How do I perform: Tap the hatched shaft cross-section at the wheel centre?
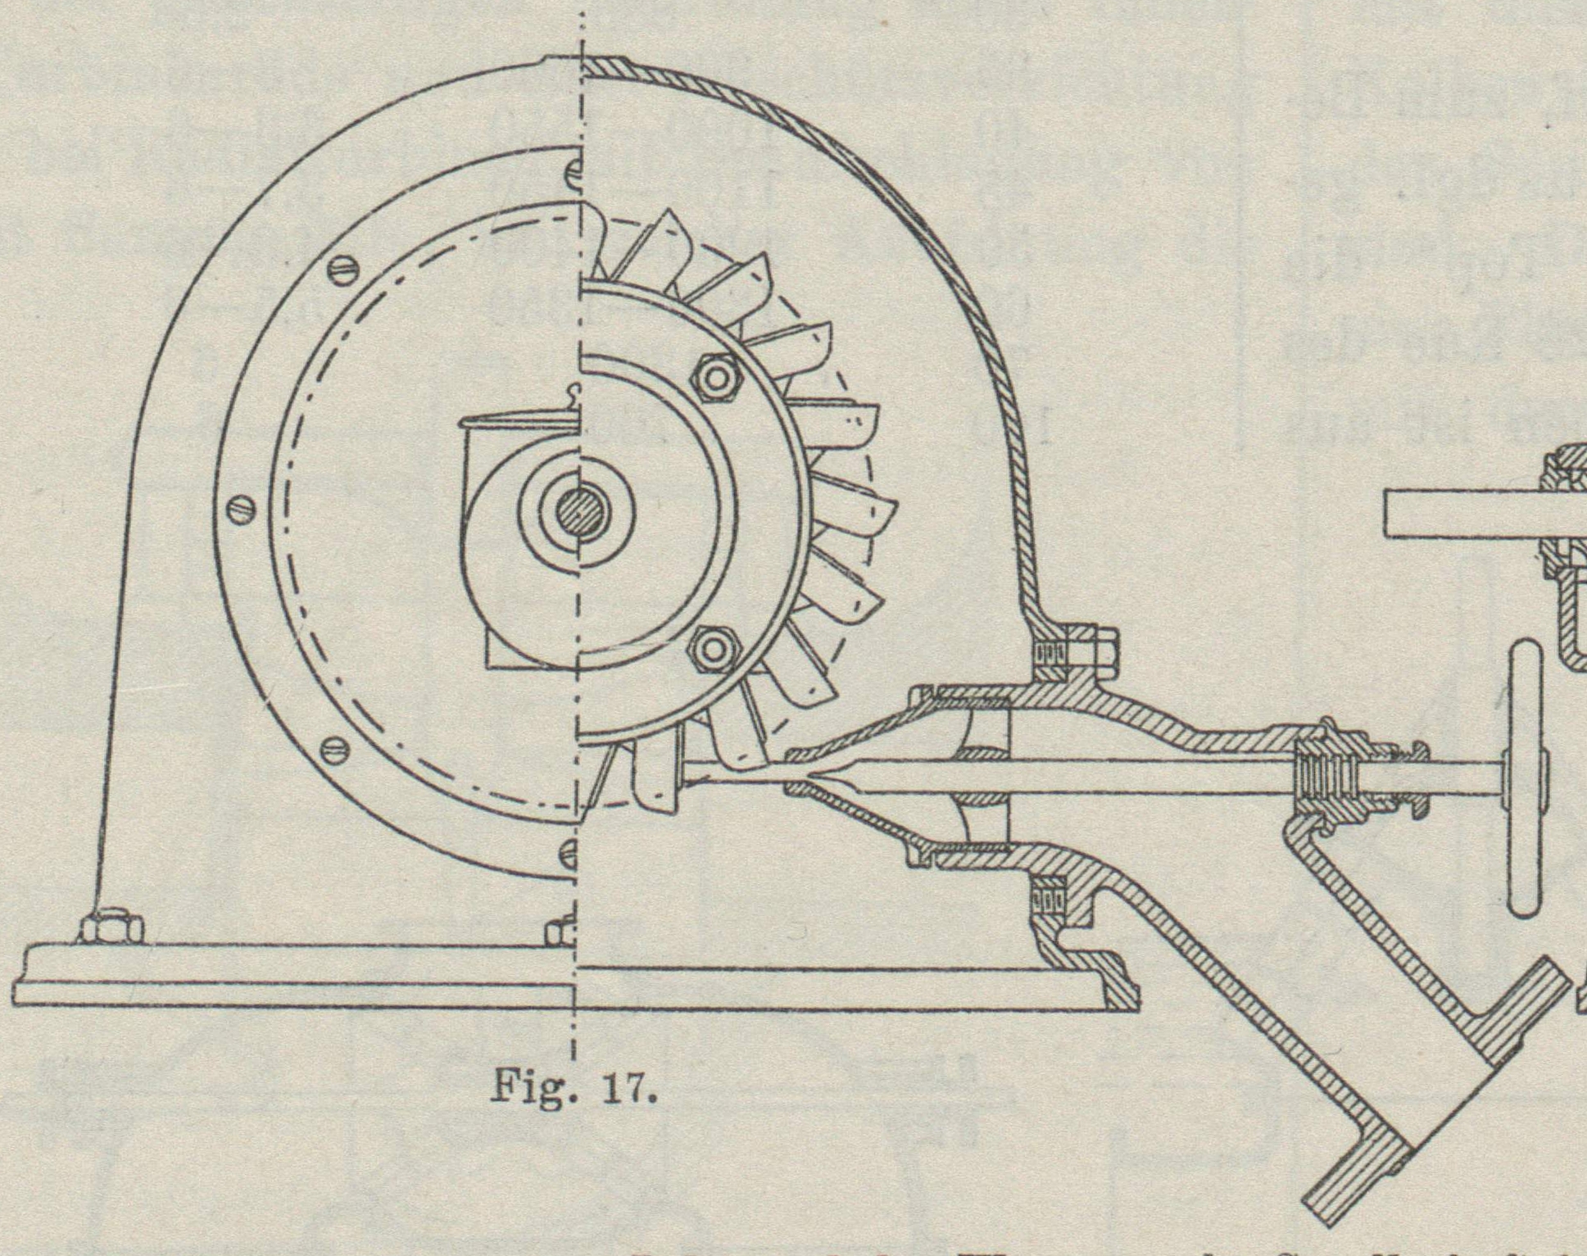(x=577, y=514)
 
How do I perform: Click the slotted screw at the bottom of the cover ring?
(x=574, y=852)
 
